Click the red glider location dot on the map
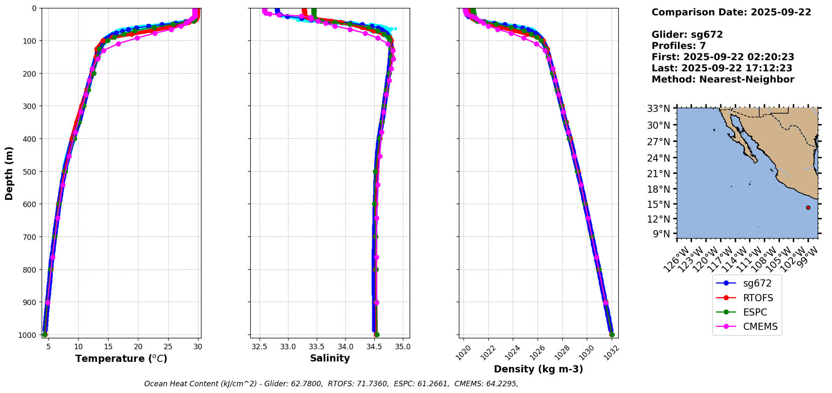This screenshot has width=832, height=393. [808, 207]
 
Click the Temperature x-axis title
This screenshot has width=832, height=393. [121, 358]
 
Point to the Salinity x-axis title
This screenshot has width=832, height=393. [330, 358]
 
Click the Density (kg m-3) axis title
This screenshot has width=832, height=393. [538, 369]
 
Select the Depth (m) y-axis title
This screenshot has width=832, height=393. [9, 173]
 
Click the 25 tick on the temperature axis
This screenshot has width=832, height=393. [168, 347]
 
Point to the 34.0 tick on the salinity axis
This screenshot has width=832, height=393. [345, 347]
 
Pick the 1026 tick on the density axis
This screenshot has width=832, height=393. [536, 352]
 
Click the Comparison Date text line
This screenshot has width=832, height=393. [731, 12]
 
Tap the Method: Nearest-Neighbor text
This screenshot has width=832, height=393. [723, 80]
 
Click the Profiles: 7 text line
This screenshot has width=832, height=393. [678, 46]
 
